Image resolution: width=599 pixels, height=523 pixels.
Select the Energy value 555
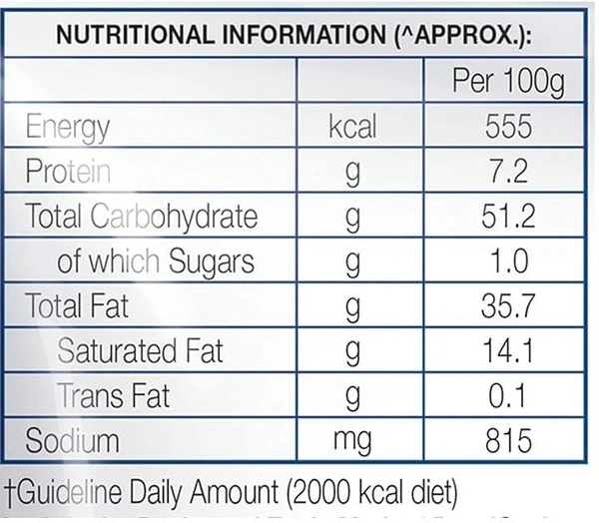pyautogui.click(x=507, y=128)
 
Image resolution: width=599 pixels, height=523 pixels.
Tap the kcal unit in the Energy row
pyautogui.click(x=352, y=128)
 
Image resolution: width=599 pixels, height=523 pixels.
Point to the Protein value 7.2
pyautogui.click(x=507, y=172)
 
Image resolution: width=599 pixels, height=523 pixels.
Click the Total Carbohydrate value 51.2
pyautogui.click(x=507, y=217)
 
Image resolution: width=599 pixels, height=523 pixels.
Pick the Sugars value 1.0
pyautogui.click(x=507, y=261)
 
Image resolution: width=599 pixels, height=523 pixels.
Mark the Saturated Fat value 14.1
pyautogui.click(x=507, y=351)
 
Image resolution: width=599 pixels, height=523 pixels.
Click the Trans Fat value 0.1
pyautogui.click(x=507, y=396)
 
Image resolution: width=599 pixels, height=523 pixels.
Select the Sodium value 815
pyautogui.click(x=507, y=440)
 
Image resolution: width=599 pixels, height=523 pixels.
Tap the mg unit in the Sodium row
pyautogui.click(x=352, y=440)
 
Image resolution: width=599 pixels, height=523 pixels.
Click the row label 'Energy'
pyautogui.click(x=68, y=128)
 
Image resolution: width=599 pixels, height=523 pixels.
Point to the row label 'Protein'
pyautogui.click(x=69, y=172)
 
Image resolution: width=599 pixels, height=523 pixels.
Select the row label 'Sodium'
pyautogui.click(x=73, y=440)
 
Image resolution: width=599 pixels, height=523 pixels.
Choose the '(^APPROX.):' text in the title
pyautogui.click(x=455, y=36)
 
